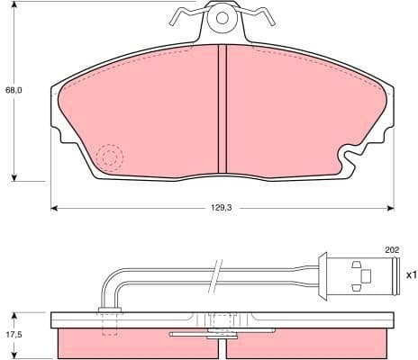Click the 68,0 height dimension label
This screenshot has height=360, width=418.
[x=14, y=90]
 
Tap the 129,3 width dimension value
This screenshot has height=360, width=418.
[x=222, y=207]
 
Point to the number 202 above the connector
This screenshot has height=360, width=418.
[x=392, y=249]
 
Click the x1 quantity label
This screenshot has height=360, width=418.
[x=411, y=274]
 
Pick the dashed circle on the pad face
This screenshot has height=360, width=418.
[x=111, y=158]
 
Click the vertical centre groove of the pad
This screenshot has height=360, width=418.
[x=222, y=108]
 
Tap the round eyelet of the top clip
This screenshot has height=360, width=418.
[x=222, y=16]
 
